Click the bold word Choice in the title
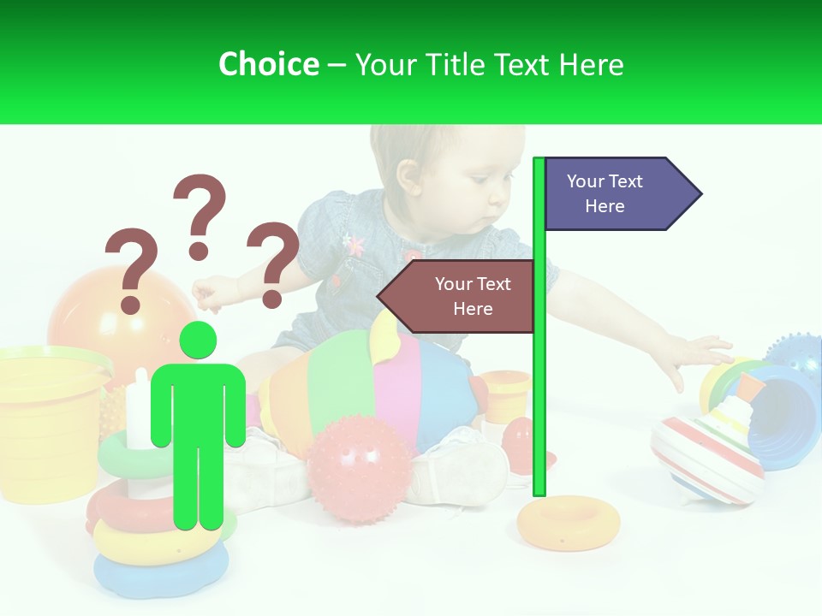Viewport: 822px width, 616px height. tap(268, 64)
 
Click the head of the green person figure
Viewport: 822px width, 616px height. tap(198, 341)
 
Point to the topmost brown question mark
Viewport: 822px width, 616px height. tap(200, 214)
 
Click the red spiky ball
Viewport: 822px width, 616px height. tap(360, 469)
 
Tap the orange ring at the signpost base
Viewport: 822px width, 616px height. tap(557, 521)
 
